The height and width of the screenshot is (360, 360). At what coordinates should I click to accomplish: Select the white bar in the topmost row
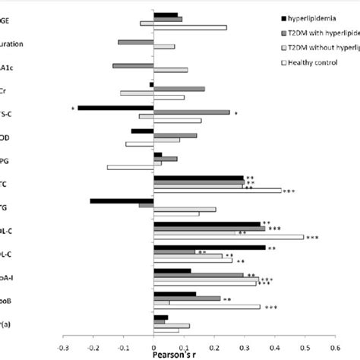[190, 27]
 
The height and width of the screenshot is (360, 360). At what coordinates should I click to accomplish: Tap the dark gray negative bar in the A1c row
[133, 65]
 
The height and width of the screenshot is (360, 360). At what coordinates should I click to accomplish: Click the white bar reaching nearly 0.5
[228, 237]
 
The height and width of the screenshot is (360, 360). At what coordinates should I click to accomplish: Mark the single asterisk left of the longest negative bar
[72, 109]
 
